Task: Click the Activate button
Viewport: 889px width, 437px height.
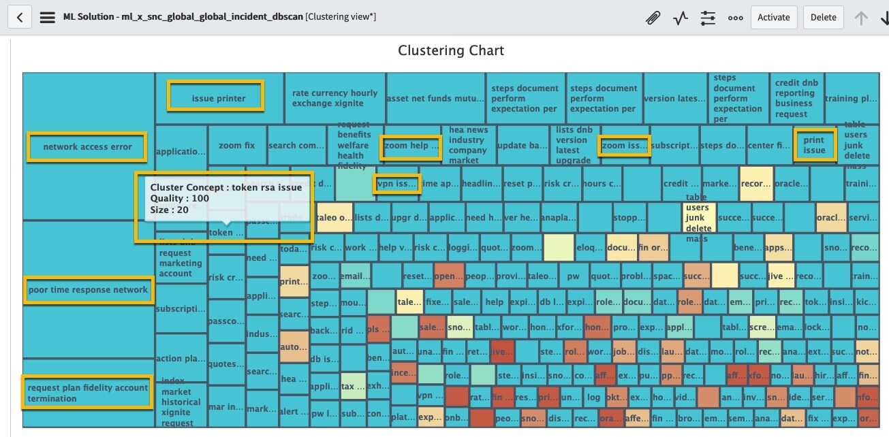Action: [774, 18]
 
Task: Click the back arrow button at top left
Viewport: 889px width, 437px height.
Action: [20, 18]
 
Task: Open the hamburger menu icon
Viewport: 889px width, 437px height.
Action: [47, 18]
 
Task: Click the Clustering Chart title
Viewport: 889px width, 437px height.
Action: [451, 51]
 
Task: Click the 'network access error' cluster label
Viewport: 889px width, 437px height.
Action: [87, 146]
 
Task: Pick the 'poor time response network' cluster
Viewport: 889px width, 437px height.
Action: [88, 289]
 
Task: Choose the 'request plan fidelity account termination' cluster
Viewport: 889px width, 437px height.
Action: [87, 393]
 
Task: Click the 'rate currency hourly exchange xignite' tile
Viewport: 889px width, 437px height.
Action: [334, 98]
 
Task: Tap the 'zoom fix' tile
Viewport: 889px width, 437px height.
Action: [236, 145]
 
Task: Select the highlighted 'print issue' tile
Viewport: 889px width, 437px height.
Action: [814, 145]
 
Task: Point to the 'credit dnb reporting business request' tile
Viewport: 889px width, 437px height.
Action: [796, 98]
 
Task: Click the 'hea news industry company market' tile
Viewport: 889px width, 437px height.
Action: [468, 145]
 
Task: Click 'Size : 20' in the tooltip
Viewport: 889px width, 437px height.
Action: [169, 210]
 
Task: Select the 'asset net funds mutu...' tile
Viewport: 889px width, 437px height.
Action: [435, 98]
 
